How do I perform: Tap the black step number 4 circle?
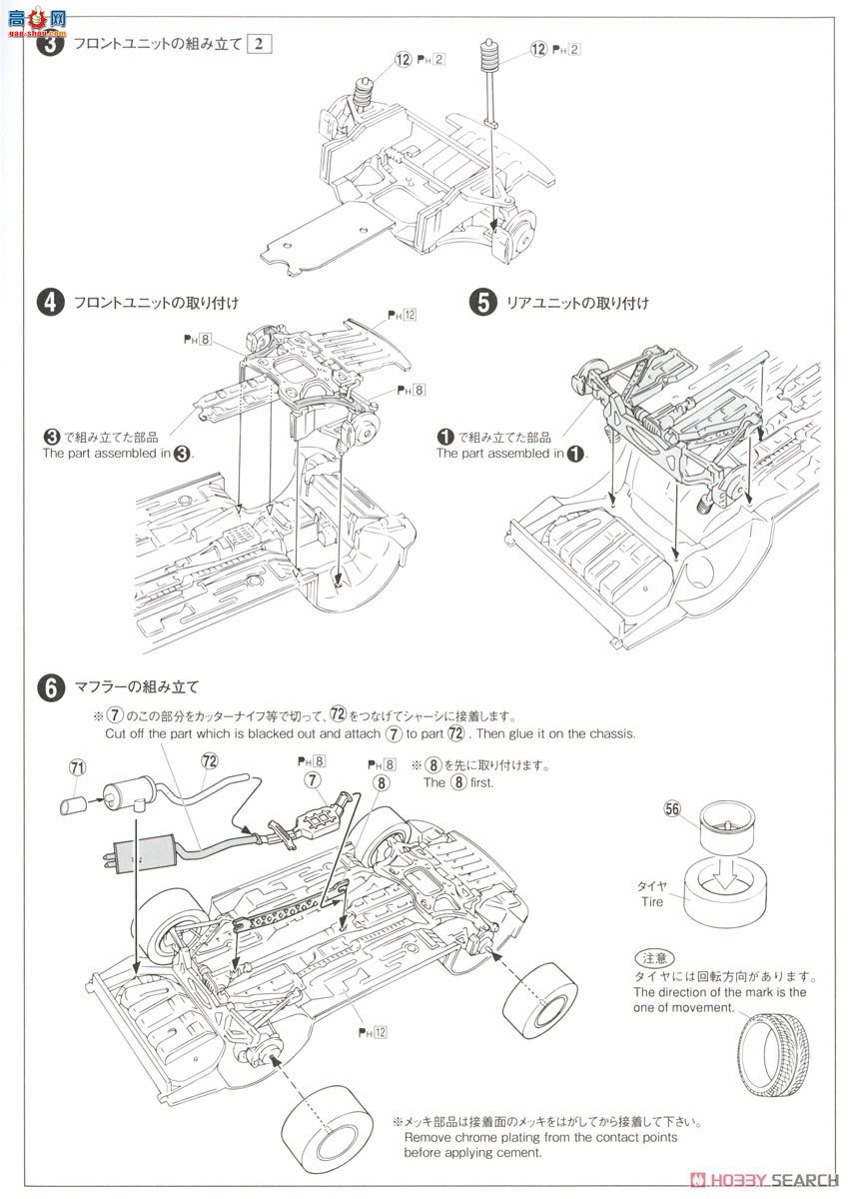(51, 303)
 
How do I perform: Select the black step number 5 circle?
(483, 303)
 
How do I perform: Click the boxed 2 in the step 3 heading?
(260, 44)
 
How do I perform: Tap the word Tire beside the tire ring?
(651, 901)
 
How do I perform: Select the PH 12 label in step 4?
(402, 315)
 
